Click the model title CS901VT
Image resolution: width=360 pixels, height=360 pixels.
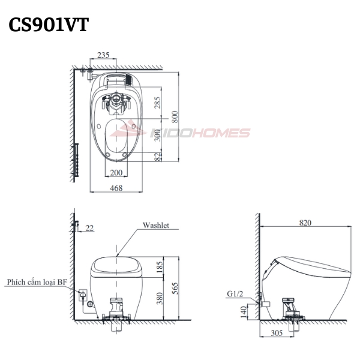[x=49, y=25]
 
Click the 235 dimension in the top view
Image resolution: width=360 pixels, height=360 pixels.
[x=103, y=55]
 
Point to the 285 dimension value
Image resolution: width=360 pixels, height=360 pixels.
[x=157, y=103]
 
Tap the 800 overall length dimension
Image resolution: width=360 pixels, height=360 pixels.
[x=175, y=116]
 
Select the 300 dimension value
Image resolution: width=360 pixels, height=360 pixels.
[x=157, y=135]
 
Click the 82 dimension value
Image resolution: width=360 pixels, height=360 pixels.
[x=158, y=157]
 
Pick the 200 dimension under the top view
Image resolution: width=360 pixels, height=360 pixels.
[x=116, y=172]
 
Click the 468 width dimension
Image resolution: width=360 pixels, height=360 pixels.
[x=116, y=188]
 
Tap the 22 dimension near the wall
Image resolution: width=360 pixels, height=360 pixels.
[x=89, y=228]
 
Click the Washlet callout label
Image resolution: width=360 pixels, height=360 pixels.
[x=156, y=225]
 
